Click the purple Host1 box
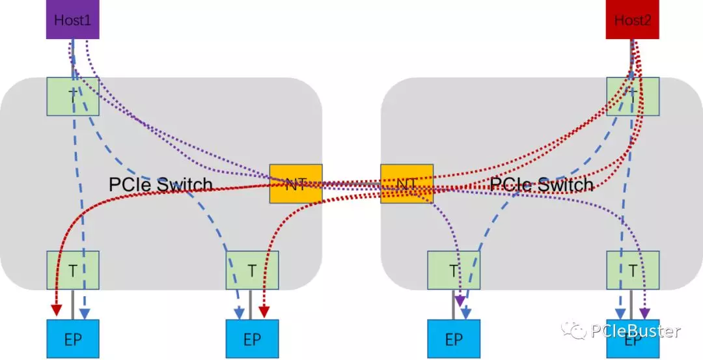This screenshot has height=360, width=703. (72, 20)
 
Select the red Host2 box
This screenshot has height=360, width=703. (632, 20)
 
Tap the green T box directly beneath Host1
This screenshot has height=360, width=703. (72, 97)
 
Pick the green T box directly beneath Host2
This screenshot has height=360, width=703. (633, 97)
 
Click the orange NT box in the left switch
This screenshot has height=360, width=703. (296, 184)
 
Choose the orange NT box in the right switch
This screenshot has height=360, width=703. (407, 184)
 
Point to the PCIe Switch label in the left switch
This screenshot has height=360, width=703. (161, 185)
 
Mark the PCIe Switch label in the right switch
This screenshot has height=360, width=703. (542, 185)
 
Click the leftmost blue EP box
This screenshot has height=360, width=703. (72, 339)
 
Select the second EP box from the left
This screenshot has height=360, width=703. (252, 339)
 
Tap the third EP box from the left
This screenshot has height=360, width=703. (453, 339)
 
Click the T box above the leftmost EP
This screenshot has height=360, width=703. (72, 270)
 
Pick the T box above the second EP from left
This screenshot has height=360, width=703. (252, 270)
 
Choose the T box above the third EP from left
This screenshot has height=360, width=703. (453, 270)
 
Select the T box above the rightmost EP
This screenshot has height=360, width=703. (633, 270)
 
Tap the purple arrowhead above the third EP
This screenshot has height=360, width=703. (460, 301)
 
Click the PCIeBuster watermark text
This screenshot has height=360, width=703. (635, 331)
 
